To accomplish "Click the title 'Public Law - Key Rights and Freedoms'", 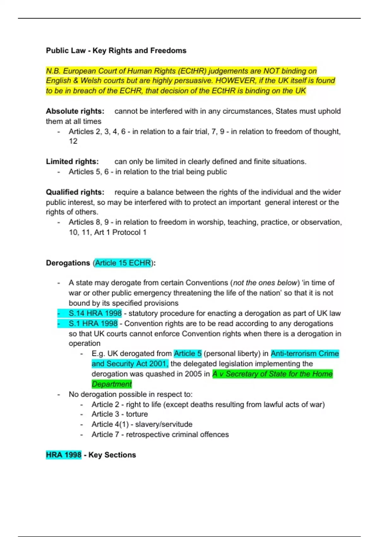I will pyautogui.click(x=116, y=51).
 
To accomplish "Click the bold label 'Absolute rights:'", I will pyautogui.click(x=75, y=111).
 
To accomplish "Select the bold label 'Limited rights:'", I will pyautogui.click(x=72, y=162).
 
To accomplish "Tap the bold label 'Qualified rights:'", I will pyautogui.click(x=75, y=192).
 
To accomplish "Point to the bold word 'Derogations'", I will pyautogui.click(x=68, y=263).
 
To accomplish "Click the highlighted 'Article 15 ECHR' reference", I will pyautogui.click(x=123, y=263).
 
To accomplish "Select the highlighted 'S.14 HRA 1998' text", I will pyautogui.click(x=95, y=313).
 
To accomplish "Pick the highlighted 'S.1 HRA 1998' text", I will pyautogui.click(x=93, y=323).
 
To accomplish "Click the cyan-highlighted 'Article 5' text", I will pyautogui.click(x=188, y=353).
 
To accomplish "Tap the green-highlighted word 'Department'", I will pyautogui.click(x=111, y=384).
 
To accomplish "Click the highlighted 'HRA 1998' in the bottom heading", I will pyautogui.click(x=63, y=455).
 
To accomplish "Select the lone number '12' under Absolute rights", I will pyautogui.click(x=73, y=141).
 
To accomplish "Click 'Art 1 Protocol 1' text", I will pyautogui.click(x=120, y=232).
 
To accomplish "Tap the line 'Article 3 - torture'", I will pyautogui.click(x=119, y=414).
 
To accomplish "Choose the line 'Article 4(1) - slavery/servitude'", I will pyautogui.click(x=142, y=424).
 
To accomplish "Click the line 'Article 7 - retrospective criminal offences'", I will pyautogui.click(x=160, y=435).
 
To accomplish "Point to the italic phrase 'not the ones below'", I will pyautogui.click(x=265, y=283).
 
